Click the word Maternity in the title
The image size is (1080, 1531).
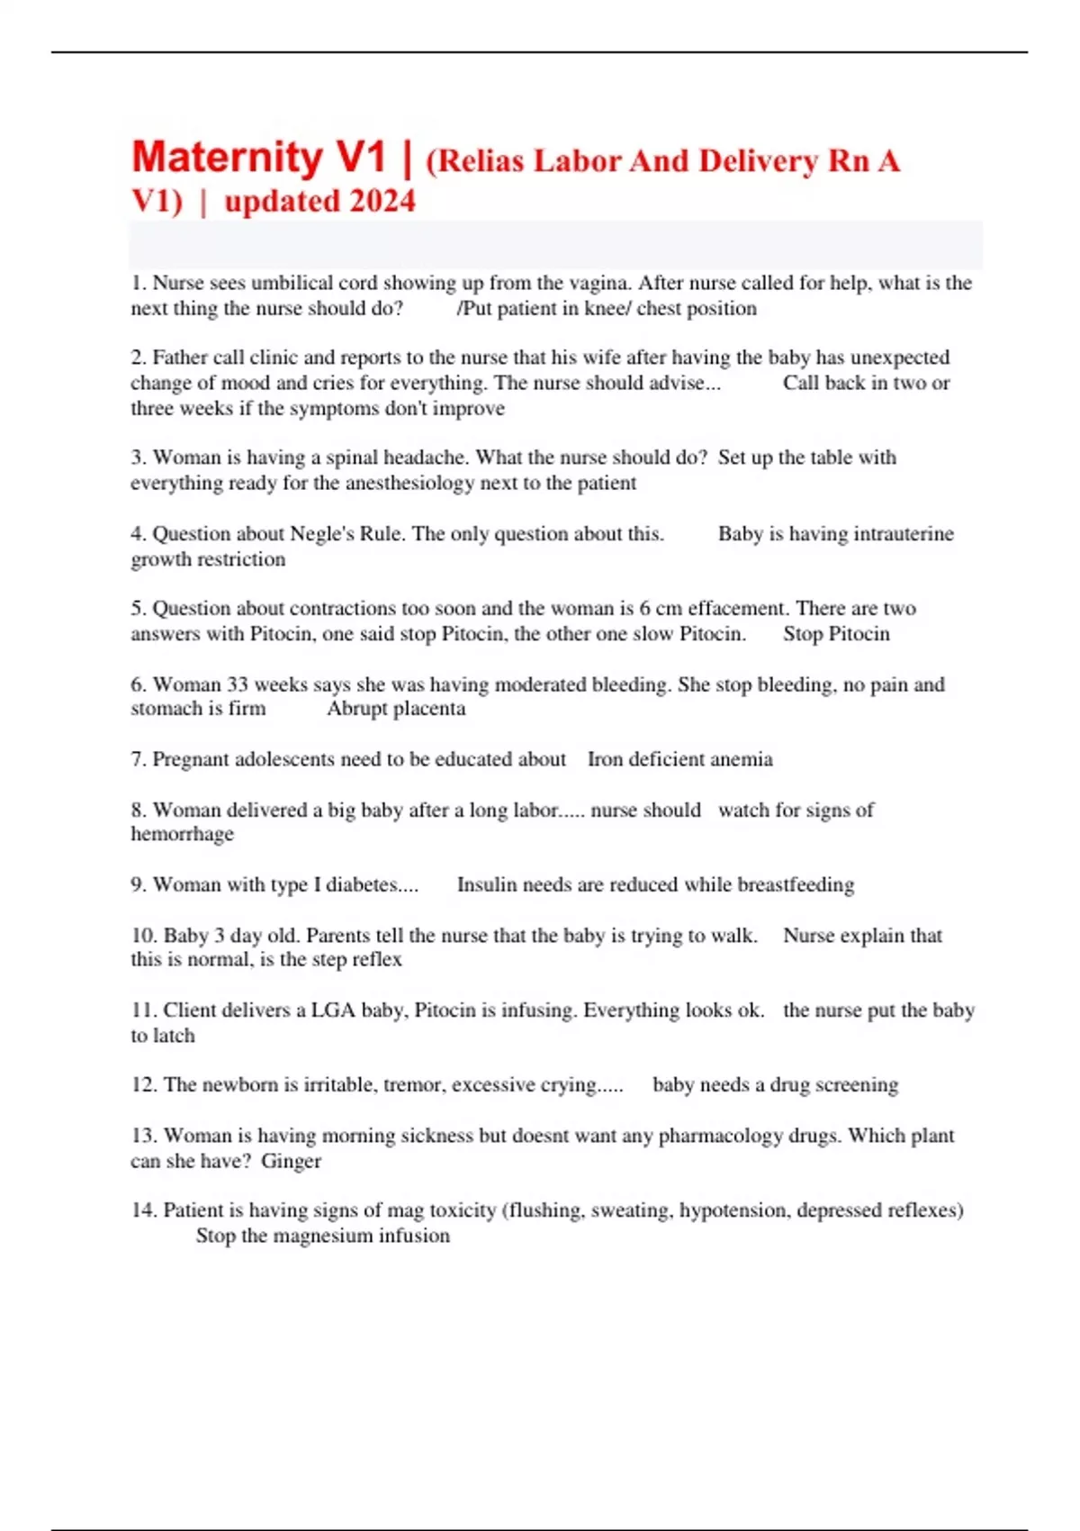pyautogui.click(x=228, y=159)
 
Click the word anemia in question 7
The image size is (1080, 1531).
pyautogui.click(x=742, y=759)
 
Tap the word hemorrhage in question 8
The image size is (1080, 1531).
pyautogui.click(x=182, y=834)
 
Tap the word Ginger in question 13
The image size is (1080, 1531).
pyautogui.click(x=291, y=1161)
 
